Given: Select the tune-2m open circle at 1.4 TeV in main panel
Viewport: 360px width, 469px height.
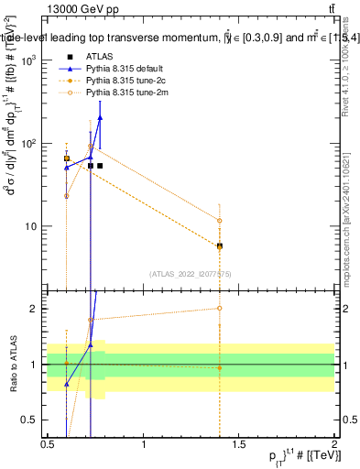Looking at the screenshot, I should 220,220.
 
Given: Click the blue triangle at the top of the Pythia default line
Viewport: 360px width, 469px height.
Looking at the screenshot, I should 100,117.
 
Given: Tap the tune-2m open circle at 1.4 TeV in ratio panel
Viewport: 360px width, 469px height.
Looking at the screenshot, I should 220,308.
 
